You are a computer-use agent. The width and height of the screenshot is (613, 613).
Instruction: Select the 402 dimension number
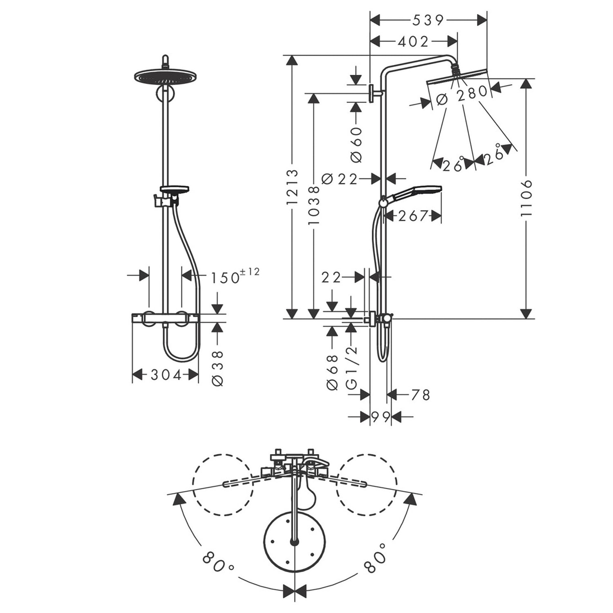[413, 41]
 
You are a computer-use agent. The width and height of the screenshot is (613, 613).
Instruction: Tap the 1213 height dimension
[292, 187]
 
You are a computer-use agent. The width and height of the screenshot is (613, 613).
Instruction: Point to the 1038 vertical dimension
[313, 206]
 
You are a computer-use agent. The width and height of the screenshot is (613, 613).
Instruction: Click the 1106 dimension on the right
[527, 198]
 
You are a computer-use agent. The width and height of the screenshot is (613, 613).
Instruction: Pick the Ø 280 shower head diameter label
[462, 96]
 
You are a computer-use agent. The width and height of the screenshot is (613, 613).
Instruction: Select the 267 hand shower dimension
[413, 215]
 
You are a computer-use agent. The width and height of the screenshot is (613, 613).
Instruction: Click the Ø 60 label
[356, 144]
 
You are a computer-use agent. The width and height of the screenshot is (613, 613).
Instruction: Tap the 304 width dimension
[166, 374]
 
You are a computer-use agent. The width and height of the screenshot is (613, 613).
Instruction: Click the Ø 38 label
[218, 367]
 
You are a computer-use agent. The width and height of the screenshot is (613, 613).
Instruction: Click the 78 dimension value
[421, 395]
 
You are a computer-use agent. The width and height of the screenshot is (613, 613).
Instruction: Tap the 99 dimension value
[380, 417]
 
